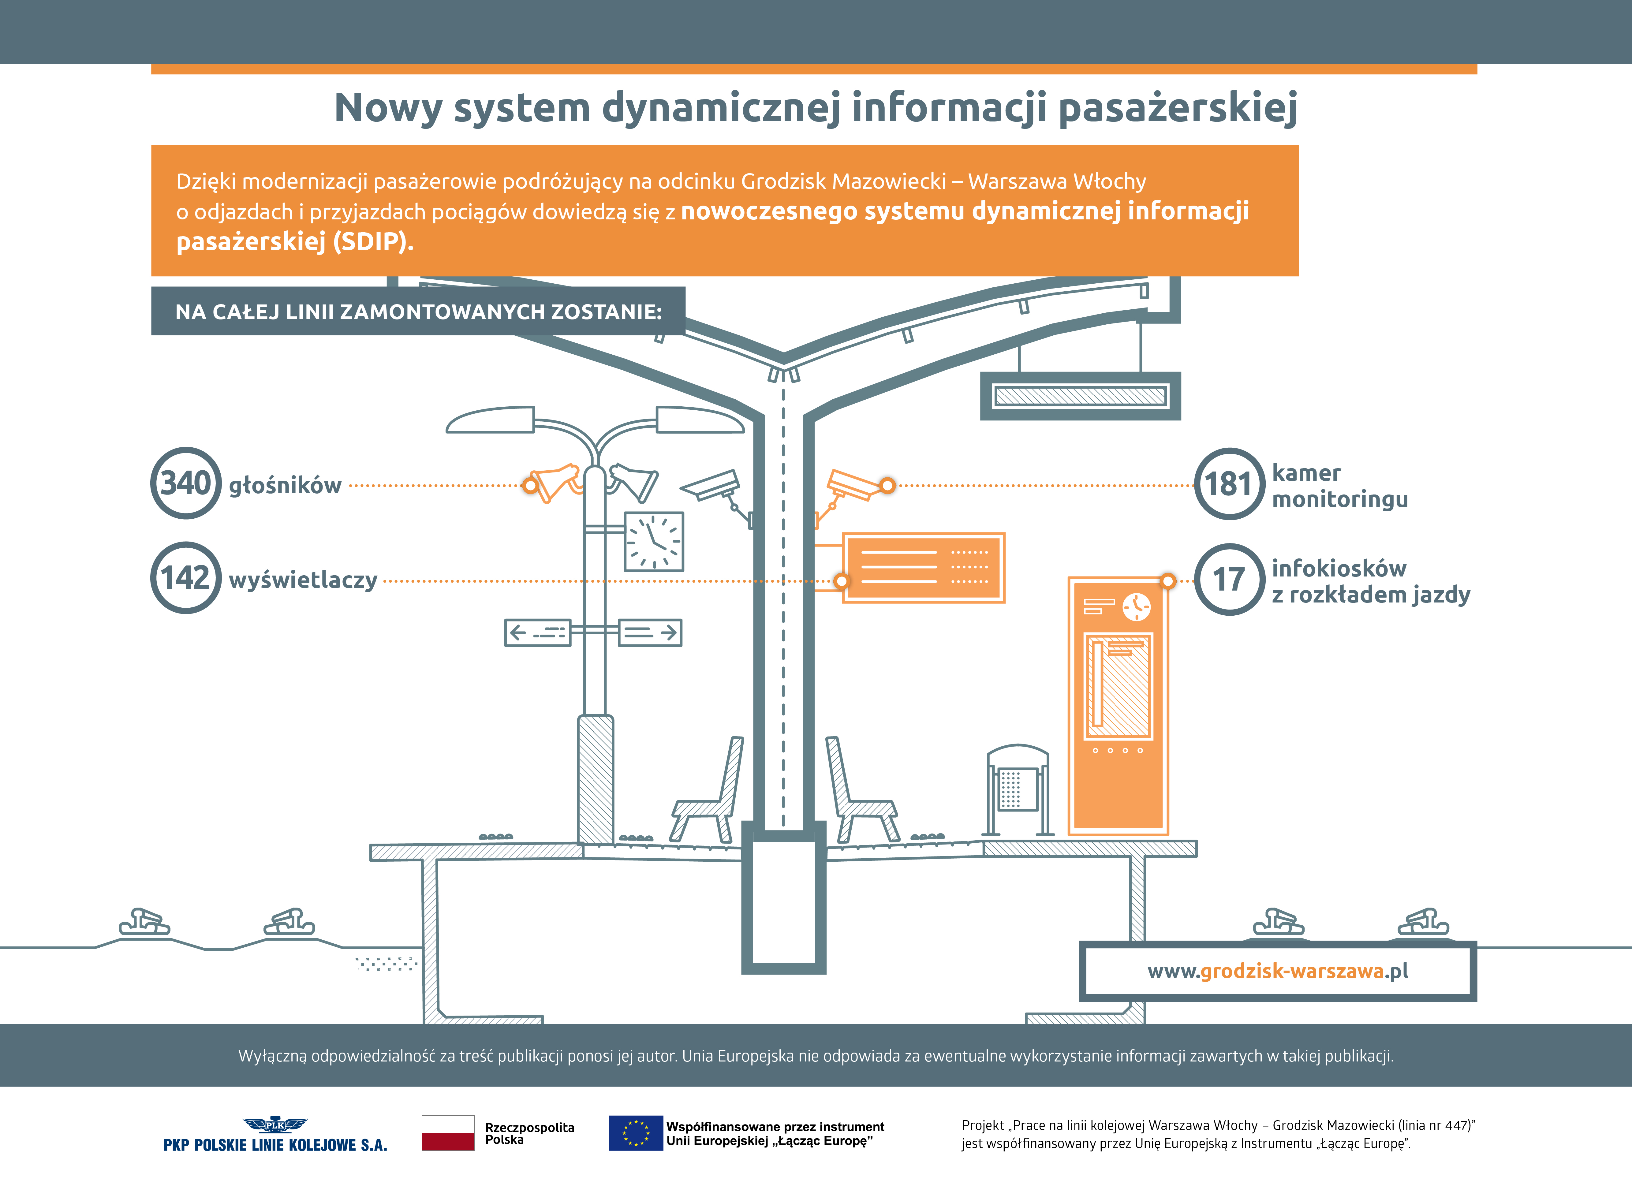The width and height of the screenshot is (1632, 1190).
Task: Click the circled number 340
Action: (x=186, y=483)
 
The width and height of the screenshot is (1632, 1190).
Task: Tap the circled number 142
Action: (x=186, y=578)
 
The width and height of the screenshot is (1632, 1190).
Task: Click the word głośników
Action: (x=285, y=486)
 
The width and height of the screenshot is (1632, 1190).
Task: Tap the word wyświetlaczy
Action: (x=302, y=580)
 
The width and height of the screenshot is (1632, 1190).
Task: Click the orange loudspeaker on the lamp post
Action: (x=555, y=483)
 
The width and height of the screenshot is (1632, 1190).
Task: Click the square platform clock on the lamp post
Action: (x=653, y=542)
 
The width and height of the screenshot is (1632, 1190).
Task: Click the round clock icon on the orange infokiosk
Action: (x=1137, y=606)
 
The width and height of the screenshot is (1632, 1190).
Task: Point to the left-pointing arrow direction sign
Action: (x=537, y=632)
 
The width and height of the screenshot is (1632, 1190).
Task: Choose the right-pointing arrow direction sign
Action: (x=650, y=632)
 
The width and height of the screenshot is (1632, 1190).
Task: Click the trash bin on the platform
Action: (x=1018, y=789)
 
